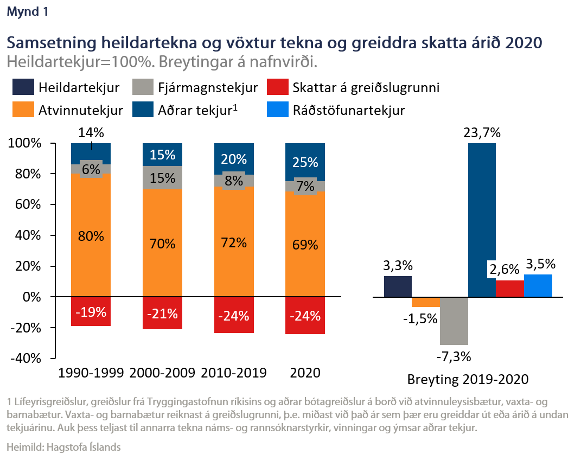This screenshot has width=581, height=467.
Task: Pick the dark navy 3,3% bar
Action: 398,287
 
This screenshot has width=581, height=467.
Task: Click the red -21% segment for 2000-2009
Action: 162,313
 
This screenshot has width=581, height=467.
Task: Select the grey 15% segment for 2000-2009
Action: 162,178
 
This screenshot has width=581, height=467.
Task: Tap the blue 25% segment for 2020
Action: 305,162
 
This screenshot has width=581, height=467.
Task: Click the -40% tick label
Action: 26,359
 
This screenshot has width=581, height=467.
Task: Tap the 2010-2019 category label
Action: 234,373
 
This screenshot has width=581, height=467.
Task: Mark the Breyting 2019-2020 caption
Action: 468,379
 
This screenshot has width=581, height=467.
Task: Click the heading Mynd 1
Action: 27,12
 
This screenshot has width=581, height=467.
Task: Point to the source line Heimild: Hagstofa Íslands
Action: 63,447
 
